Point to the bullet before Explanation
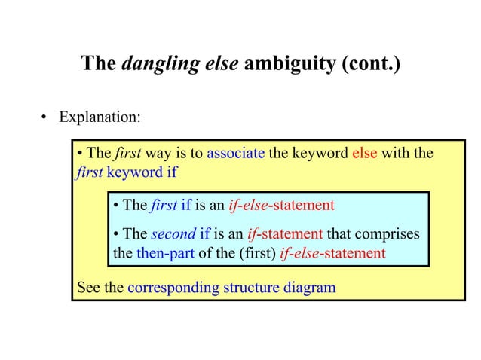[44, 118]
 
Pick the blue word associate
[235, 154]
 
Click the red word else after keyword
[365, 154]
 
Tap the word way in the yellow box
[158, 154]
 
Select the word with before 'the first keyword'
[397, 154]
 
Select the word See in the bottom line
[89, 287]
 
